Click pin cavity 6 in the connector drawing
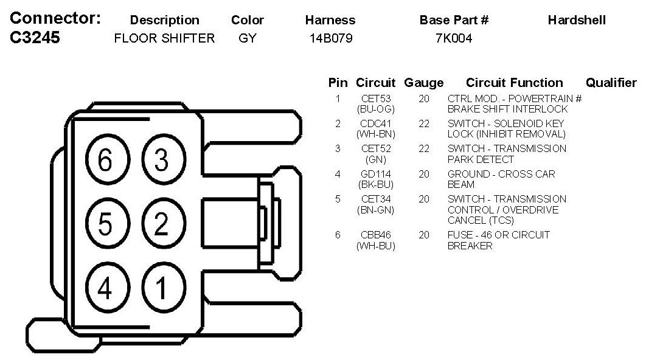tap(105, 161)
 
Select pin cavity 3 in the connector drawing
tap(161, 161)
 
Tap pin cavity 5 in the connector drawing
tap(105, 225)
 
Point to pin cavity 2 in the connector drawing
tap(161, 225)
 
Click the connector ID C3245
tap(36, 38)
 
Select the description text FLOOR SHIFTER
tap(164, 38)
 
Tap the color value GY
tap(248, 38)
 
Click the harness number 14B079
tap(331, 38)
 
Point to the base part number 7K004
tap(454, 38)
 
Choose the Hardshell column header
tap(577, 20)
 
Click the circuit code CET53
tap(376, 99)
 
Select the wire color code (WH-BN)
tap(376, 134)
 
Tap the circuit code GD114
tap(376, 175)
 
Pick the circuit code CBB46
tap(376, 235)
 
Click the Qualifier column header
tap(611, 83)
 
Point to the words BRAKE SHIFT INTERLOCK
tap(507, 109)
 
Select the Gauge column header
tap(424, 83)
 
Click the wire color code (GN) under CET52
tap(376, 159)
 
